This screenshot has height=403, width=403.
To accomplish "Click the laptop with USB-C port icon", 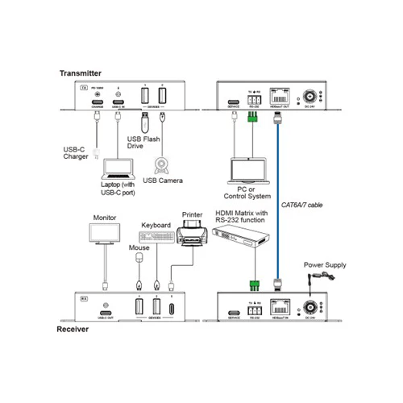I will point(119,170).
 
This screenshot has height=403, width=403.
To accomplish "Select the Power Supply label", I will point(325,264).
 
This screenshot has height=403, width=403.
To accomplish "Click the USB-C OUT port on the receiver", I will point(105,312).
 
